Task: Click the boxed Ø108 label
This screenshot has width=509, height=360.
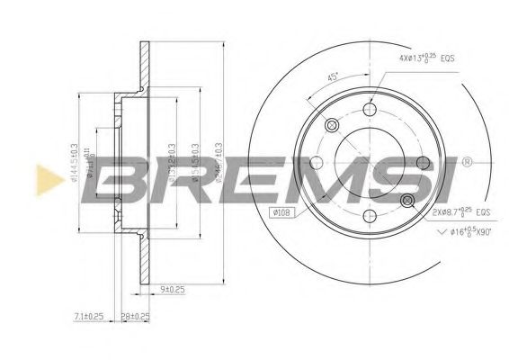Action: tap(280, 213)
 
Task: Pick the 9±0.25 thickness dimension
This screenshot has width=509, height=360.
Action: tap(171, 289)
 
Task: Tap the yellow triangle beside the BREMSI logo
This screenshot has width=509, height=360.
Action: tap(43, 178)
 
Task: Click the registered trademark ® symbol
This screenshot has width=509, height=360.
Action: tap(466, 163)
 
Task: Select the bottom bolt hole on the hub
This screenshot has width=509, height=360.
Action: tap(369, 215)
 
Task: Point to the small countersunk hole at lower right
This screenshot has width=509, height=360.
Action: tap(406, 199)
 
